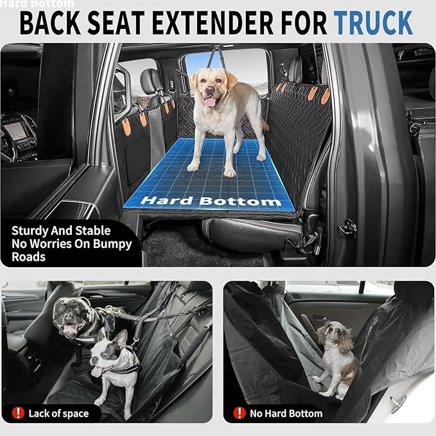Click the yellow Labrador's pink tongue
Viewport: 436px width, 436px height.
coord(209,101)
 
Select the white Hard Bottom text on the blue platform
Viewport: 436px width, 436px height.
coord(211,200)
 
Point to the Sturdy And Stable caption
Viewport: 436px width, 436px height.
coord(61,231)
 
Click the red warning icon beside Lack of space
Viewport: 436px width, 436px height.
coord(17,413)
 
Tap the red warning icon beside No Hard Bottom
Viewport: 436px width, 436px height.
coord(240,413)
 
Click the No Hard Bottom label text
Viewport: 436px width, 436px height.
coord(287,413)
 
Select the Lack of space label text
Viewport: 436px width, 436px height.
coord(59,413)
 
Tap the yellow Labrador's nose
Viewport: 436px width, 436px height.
coord(209,88)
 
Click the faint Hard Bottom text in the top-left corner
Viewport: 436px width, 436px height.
coord(37,4)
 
